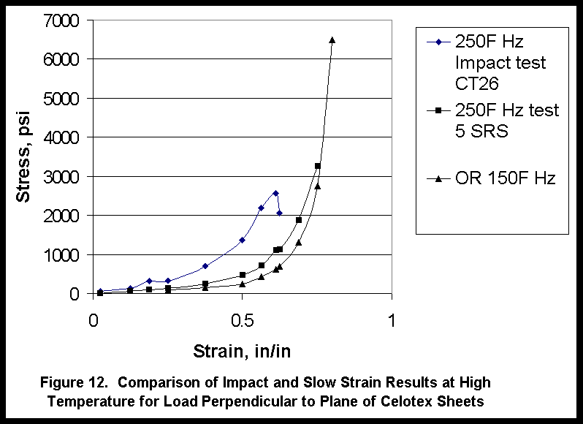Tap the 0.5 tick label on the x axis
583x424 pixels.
point(243,319)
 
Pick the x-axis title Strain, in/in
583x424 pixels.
point(242,351)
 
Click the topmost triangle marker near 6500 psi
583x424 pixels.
point(332,39)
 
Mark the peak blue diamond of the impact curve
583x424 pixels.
point(275,193)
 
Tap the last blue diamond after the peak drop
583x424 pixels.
point(280,213)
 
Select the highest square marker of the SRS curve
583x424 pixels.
point(318,166)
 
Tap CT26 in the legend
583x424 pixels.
point(476,83)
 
